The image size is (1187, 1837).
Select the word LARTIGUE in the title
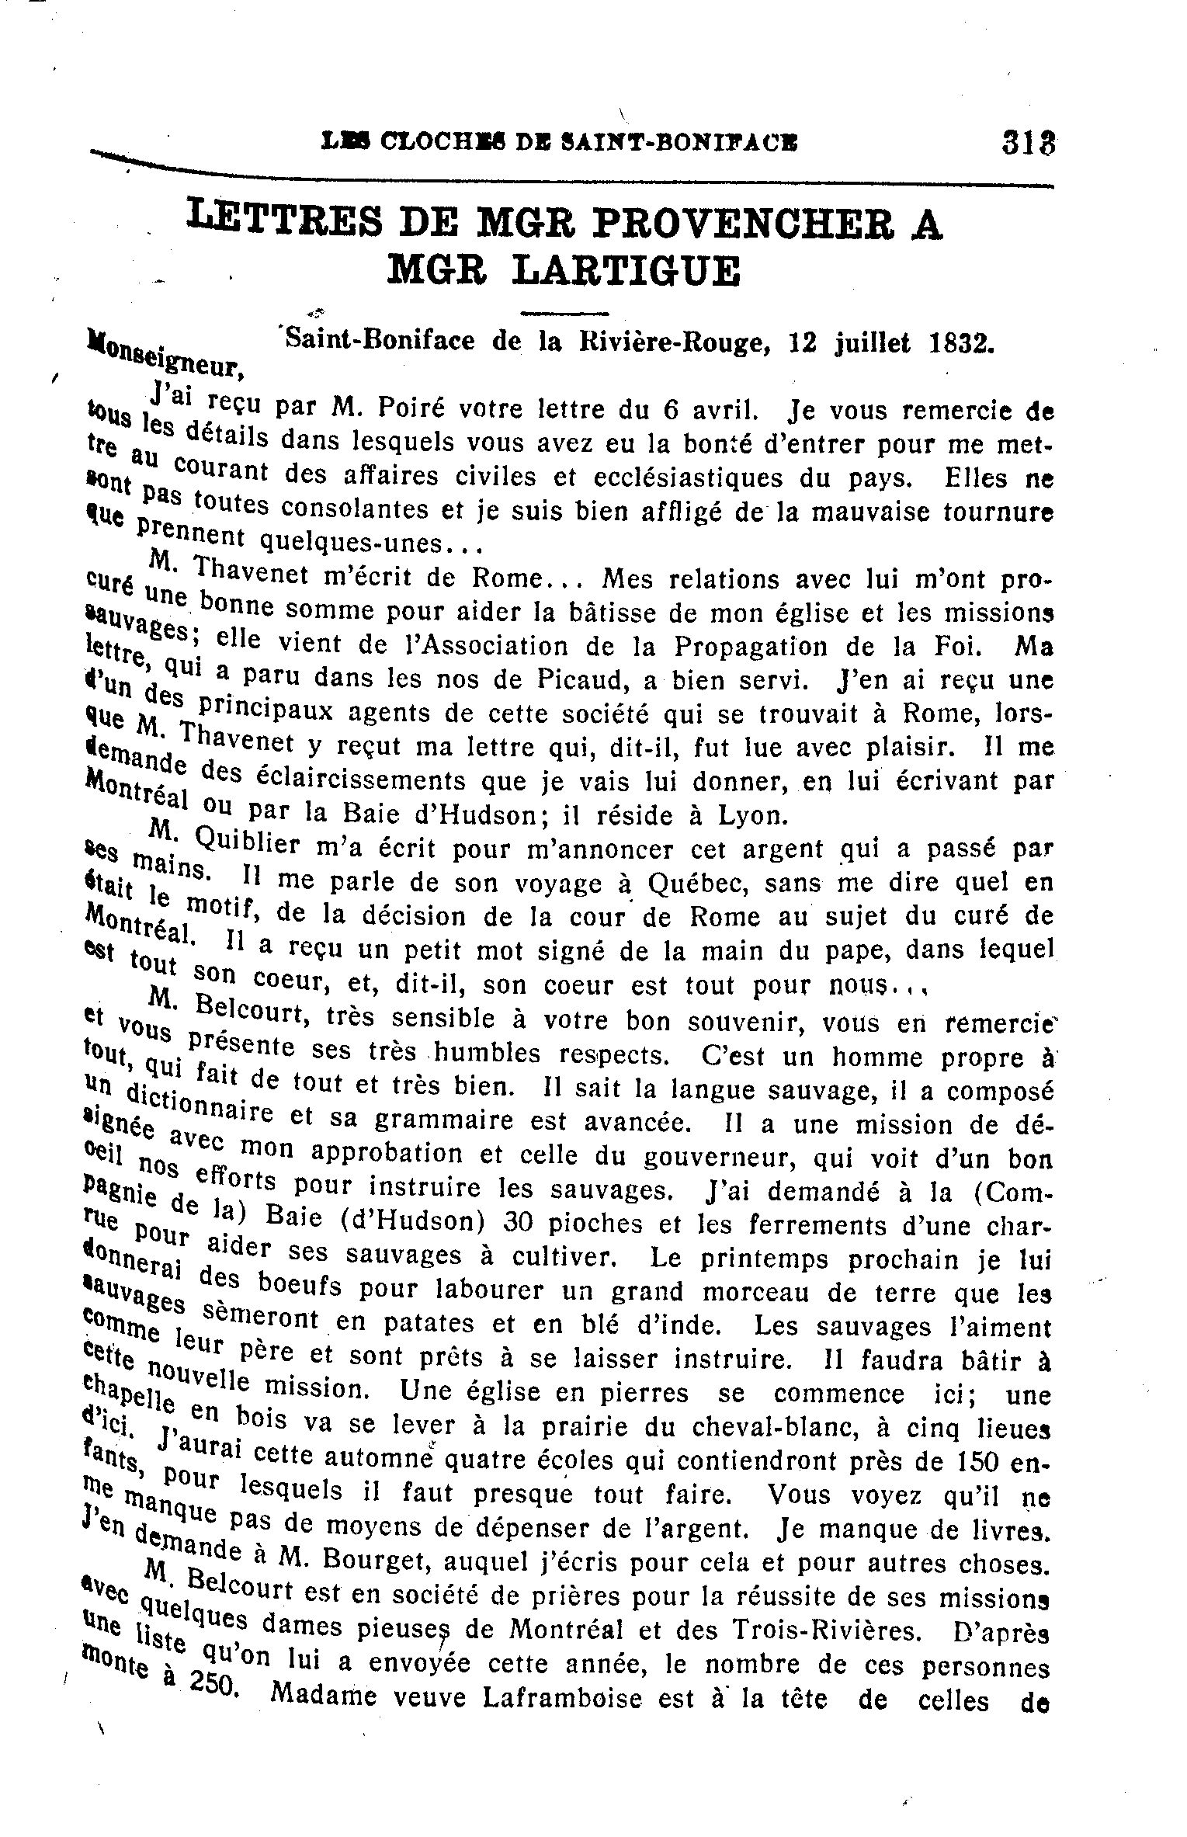tap(626, 270)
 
